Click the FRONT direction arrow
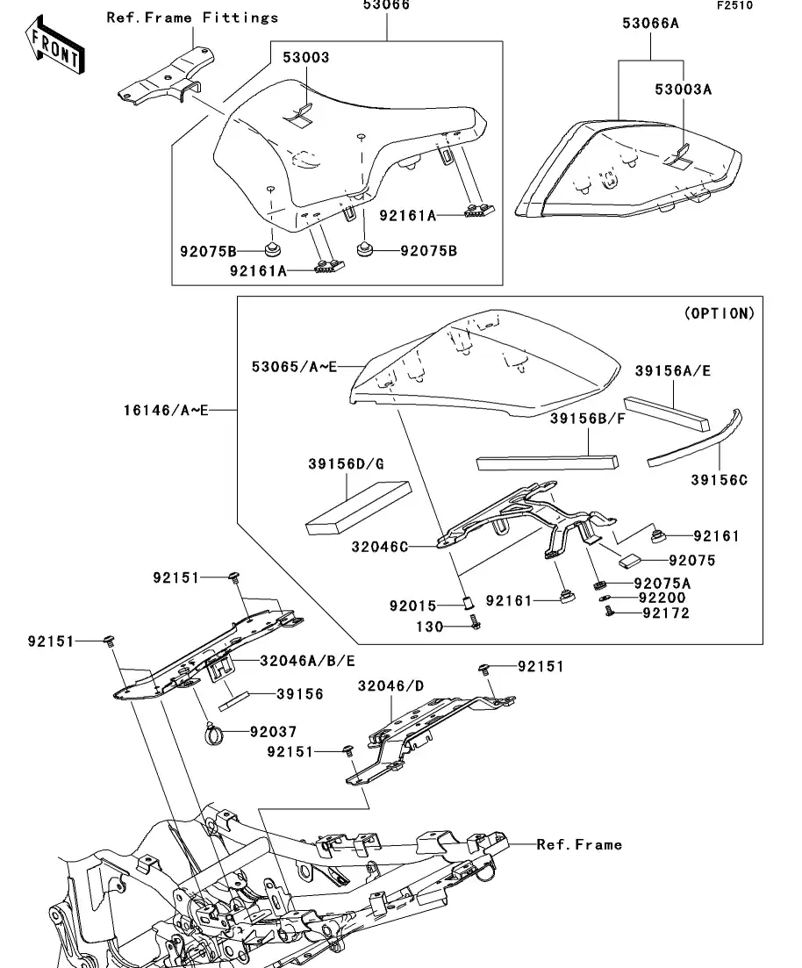click(54, 49)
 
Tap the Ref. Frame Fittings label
click(192, 18)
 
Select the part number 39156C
click(720, 480)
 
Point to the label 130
click(429, 626)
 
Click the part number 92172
click(665, 613)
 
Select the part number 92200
click(662, 598)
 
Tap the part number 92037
click(274, 731)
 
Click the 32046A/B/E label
click(307, 660)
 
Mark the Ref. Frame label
click(579, 844)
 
